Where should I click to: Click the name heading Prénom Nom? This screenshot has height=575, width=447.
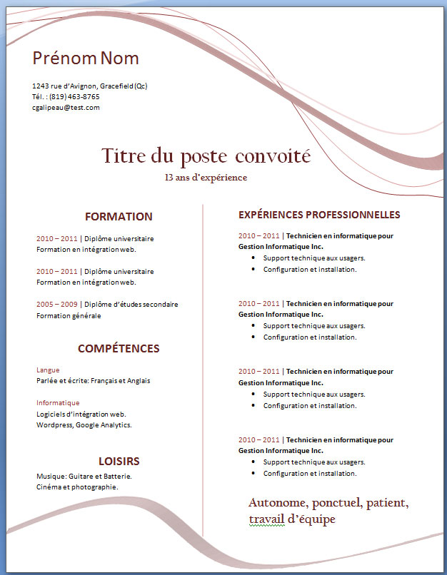tap(86, 58)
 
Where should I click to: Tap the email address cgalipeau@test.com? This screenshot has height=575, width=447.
tap(66, 108)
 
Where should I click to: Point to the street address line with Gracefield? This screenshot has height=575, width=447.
tap(90, 86)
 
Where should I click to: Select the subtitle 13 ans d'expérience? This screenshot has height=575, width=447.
tap(206, 178)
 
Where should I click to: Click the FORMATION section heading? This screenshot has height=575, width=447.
tap(119, 217)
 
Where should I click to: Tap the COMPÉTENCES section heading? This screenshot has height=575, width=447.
tap(119, 349)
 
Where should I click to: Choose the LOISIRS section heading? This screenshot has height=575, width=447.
tap(119, 462)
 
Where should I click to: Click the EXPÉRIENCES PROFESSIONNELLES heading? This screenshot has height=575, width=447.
tap(319, 215)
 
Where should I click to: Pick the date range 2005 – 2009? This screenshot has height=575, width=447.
tap(56, 305)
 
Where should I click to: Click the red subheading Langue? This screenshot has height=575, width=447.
tap(48, 370)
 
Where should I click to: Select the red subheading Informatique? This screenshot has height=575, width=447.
tap(53, 403)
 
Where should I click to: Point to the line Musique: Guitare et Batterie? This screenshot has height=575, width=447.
tap(84, 476)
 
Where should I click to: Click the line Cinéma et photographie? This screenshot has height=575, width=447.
tap(77, 487)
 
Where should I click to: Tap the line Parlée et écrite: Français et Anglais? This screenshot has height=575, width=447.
tap(93, 381)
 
